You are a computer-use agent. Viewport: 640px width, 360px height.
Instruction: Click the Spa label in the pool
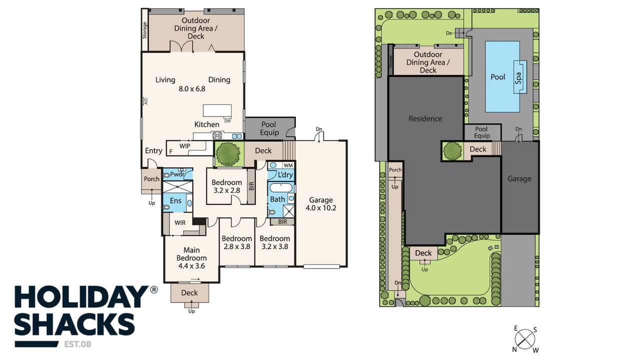click(518, 78)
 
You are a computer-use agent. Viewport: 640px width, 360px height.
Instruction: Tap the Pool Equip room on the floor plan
click(270, 128)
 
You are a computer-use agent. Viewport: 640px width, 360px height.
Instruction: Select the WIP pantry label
click(184, 146)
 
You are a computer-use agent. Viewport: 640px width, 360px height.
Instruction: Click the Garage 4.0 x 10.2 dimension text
click(321, 207)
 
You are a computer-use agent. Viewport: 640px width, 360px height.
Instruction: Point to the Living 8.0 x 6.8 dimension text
click(192, 89)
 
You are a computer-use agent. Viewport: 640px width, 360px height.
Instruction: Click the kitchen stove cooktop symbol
click(217, 135)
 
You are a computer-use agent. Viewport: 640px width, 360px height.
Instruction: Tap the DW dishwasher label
click(227, 121)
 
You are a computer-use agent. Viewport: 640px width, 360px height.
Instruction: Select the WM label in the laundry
click(288, 165)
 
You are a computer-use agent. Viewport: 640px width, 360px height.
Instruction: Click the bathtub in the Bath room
click(281, 188)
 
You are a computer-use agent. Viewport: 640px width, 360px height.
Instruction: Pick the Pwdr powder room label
click(177, 174)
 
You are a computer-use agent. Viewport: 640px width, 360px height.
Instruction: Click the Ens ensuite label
click(175, 200)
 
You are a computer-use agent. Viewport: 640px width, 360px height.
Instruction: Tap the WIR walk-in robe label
click(180, 223)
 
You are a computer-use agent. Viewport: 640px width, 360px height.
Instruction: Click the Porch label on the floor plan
click(151, 179)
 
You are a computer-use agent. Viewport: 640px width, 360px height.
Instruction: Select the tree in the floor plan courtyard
click(227, 154)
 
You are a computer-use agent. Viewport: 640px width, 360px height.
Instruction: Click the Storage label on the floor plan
click(144, 30)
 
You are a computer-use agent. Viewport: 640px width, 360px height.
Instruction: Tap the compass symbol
click(525, 339)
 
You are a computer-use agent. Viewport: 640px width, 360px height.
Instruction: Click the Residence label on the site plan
click(425, 118)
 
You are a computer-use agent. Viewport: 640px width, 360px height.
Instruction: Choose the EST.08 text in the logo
click(77, 344)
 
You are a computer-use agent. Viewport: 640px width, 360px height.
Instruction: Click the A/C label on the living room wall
click(145, 101)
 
